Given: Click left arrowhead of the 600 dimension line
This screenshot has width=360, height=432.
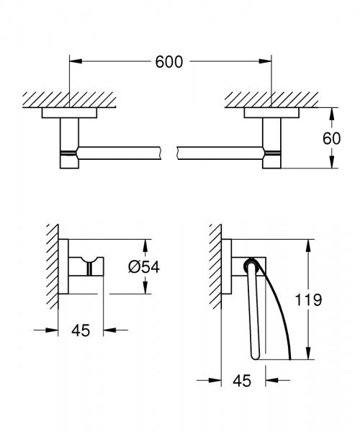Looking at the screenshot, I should coord(75,62).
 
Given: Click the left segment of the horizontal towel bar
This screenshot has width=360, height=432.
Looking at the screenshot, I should coord(122,152).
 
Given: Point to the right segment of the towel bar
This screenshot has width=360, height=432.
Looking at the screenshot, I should coord(220,152).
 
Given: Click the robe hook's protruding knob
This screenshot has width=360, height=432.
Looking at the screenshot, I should coord(91,268).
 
